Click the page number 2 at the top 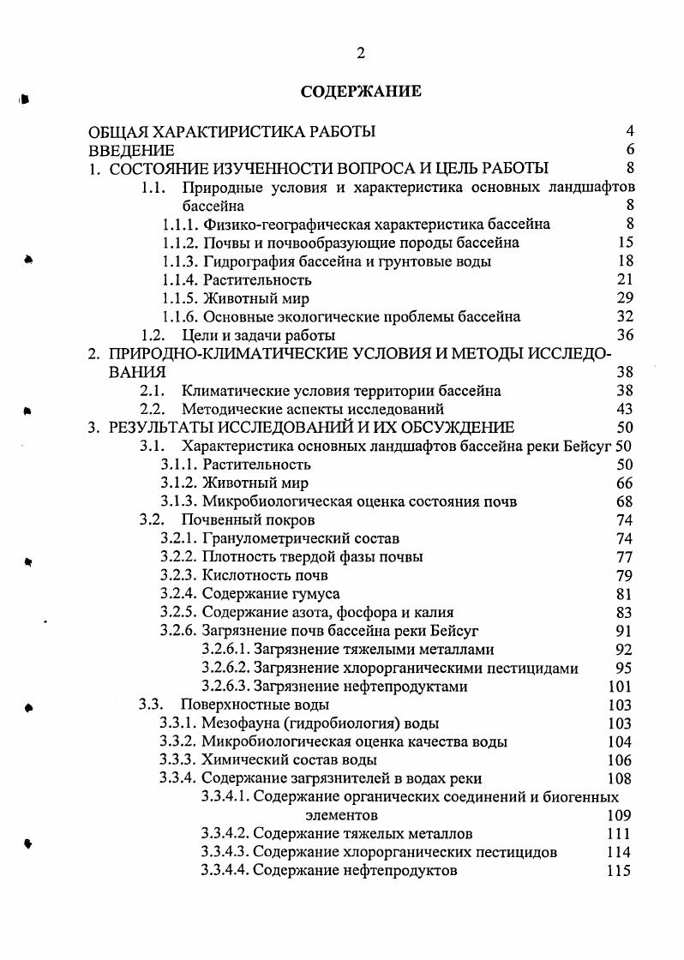click(x=361, y=53)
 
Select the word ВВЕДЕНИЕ click(x=133, y=150)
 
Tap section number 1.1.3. click(x=181, y=261)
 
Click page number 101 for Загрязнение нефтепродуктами click(x=619, y=687)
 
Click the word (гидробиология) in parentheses click(x=333, y=723)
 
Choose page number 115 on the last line click(x=618, y=871)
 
